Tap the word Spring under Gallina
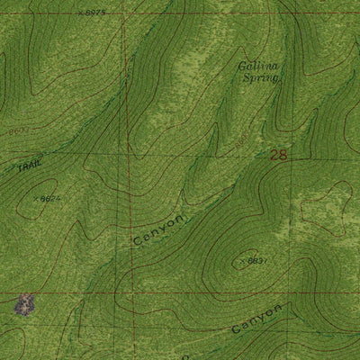pyautogui.click(x=260, y=79)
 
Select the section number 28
pyautogui.click(x=278, y=156)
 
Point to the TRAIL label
pyautogui.click(x=28, y=166)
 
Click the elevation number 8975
pyautogui.click(x=93, y=13)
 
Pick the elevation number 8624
pyautogui.click(x=49, y=198)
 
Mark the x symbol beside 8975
pyautogui.click(x=79, y=13)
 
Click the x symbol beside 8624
pyautogui.click(x=35, y=197)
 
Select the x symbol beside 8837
pyautogui.click(x=241, y=261)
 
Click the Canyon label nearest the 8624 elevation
pyautogui.click(x=159, y=231)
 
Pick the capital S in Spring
pyautogui.click(x=245, y=79)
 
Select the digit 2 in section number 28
pyautogui.click(x=274, y=156)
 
